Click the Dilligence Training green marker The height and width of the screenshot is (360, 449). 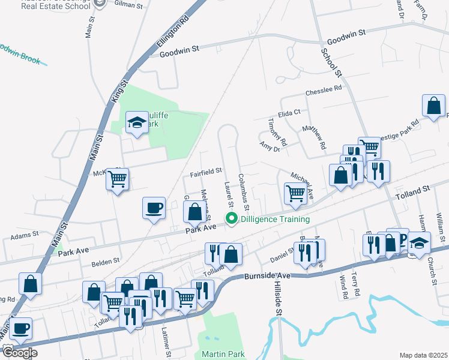pos(231,220)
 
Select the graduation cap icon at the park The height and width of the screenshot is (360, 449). pos(137,123)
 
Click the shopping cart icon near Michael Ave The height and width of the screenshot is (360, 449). pos(295,193)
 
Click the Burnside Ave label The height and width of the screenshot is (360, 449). pos(267,276)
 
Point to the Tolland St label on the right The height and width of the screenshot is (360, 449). pos(414,193)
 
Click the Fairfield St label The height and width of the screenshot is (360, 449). pos(206,173)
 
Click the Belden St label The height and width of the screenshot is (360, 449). pos(106,262)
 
